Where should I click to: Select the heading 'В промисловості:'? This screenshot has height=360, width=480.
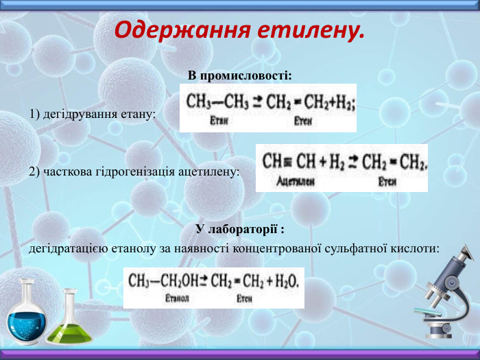(239, 74)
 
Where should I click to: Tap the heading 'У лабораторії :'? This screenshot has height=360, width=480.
(239, 228)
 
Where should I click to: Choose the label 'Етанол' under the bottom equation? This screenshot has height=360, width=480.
(177, 299)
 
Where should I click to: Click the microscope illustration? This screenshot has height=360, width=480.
(446, 291)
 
